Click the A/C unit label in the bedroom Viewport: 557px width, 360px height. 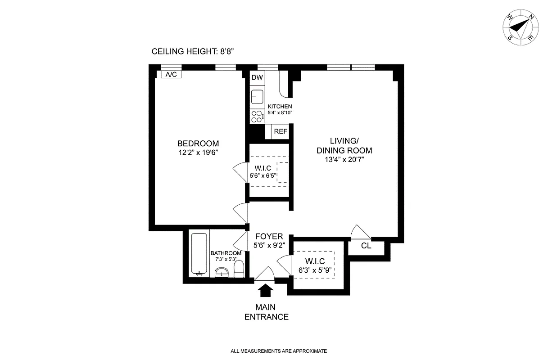click(x=171, y=75)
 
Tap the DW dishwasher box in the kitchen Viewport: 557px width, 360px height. click(x=257, y=78)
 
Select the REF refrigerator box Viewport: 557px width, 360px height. click(x=281, y=131)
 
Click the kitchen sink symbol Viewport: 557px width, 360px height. click(x=257, y=97)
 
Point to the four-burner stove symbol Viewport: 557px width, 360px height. click(x=257, y=117)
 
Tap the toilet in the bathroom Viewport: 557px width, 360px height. click(x=239, y=269)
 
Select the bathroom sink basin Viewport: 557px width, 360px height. click(x=221, y=272)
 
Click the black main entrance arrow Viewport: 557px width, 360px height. click(x=265, y=291)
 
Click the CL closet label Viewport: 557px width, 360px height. click(x=366, y=246)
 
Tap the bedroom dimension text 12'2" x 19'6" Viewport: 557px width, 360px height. click(x=198, y=153)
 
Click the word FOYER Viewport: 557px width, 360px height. click(x=269, y=236)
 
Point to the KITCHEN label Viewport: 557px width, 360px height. click(x=280, y=106)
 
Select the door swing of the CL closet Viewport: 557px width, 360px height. click(x=361, y=232)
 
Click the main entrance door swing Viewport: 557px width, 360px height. click(x=265, y=274)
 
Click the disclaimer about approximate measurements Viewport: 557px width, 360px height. click(x=278, y=351)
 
